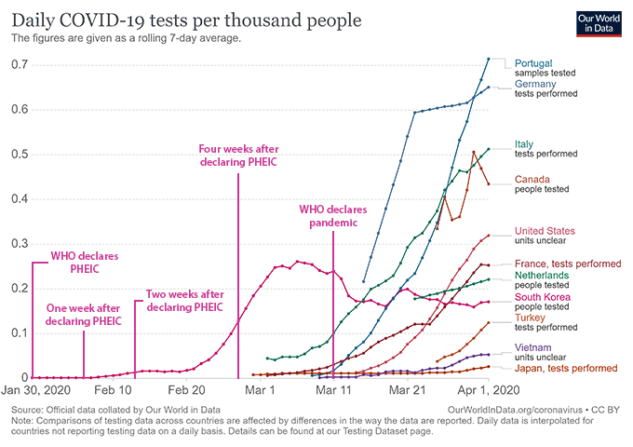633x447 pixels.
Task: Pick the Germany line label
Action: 535,84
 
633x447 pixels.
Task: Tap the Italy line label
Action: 523,144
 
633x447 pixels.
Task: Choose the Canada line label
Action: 532,179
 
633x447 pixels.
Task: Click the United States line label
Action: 545,231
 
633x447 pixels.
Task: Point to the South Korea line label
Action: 544,297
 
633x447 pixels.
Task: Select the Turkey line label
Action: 530,318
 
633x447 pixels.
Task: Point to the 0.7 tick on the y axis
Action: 17,65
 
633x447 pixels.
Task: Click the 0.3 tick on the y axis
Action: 17,244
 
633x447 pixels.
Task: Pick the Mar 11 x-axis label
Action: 333,391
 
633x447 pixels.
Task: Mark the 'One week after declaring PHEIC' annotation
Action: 84,315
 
